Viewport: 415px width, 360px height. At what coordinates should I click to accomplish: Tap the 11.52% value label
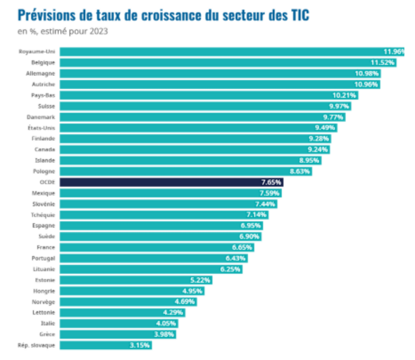point(383,63)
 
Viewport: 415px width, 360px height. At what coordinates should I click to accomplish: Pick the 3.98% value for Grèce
point(164,335)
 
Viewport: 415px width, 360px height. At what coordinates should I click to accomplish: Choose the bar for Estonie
point(121,280)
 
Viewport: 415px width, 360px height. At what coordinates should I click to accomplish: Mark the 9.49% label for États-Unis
point(325,127)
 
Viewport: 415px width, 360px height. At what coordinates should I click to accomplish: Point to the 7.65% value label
point(271,182)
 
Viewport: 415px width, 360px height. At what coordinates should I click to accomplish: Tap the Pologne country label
point(44,171)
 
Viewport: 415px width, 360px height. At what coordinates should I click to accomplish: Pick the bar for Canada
point(182,149)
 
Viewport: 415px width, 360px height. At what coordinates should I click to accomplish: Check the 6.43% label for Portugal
point(235,258)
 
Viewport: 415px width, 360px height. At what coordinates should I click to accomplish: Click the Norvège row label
point(44,302)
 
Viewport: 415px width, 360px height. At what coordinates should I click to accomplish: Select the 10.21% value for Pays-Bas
point(345,95)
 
